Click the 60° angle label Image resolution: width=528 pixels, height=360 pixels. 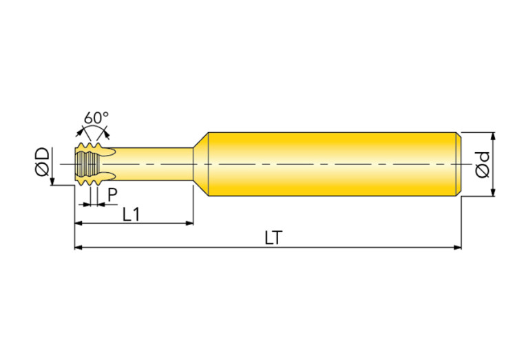[x=96, y=118]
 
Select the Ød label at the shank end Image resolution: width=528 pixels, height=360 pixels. [x=482, y=165]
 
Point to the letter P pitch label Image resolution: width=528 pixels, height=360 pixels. [x=112, y=195]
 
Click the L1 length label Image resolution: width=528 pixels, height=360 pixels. [x=131, y=215]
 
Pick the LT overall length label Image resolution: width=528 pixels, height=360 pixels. [x=273, y=237]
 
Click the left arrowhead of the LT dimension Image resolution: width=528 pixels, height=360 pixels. [x=78, y=248]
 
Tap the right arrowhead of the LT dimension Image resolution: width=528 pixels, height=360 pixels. [x=457, y=248]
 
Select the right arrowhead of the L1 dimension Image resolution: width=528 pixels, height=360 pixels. [x=189, y=223]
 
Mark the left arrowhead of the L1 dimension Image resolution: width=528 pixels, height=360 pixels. [x=78, y=223]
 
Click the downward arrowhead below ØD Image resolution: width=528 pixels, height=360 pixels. [x=52, y=182]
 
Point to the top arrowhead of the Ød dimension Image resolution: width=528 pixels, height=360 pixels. [x=493, y=136]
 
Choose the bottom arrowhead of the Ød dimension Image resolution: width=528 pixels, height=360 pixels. [x=493, y=192]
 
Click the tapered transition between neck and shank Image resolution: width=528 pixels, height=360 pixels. [x=201, y=164]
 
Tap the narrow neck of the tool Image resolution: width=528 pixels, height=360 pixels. [x=154, y=164]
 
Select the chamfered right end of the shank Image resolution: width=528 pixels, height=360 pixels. [x=458, y=164]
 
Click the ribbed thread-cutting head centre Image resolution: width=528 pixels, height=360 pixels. [x=88, y=164]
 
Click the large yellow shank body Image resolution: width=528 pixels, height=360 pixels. [x=332, y=164]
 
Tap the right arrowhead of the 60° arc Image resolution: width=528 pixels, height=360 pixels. [x=107, y=134]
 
